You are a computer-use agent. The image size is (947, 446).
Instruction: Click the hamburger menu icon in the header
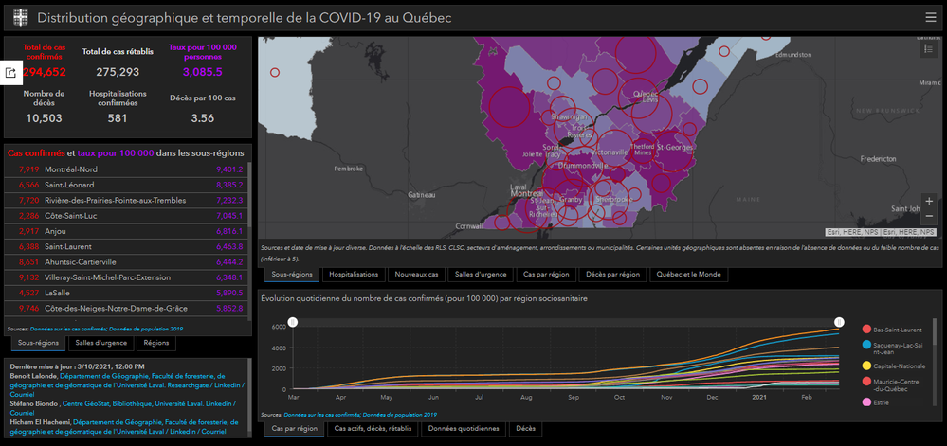[x=930, y=17]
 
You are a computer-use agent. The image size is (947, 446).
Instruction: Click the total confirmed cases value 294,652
[x=39, y=72]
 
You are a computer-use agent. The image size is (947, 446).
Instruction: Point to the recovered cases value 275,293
[x=118, y=72]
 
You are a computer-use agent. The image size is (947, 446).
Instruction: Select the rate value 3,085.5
[x=202, y=72]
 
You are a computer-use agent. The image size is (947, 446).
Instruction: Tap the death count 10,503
[x=44, y=118]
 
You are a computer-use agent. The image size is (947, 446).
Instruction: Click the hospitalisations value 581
[x=118, y=118]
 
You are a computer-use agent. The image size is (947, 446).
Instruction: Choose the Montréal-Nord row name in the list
[x=71, y=169]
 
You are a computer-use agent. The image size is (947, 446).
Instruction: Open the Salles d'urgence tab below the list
[x=102, y=343]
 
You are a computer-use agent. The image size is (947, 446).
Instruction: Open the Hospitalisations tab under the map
[x=354, y=275]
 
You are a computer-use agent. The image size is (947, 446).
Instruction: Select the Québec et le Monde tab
[x=689, y=275]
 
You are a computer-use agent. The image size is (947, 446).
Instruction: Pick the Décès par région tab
[x=612, y=275]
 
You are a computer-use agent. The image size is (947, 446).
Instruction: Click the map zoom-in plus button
[x=929, y=201]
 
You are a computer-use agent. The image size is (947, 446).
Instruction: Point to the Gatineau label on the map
[x=421, y=195]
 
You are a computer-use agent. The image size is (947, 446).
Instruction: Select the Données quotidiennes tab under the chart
[x=464, y=428]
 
